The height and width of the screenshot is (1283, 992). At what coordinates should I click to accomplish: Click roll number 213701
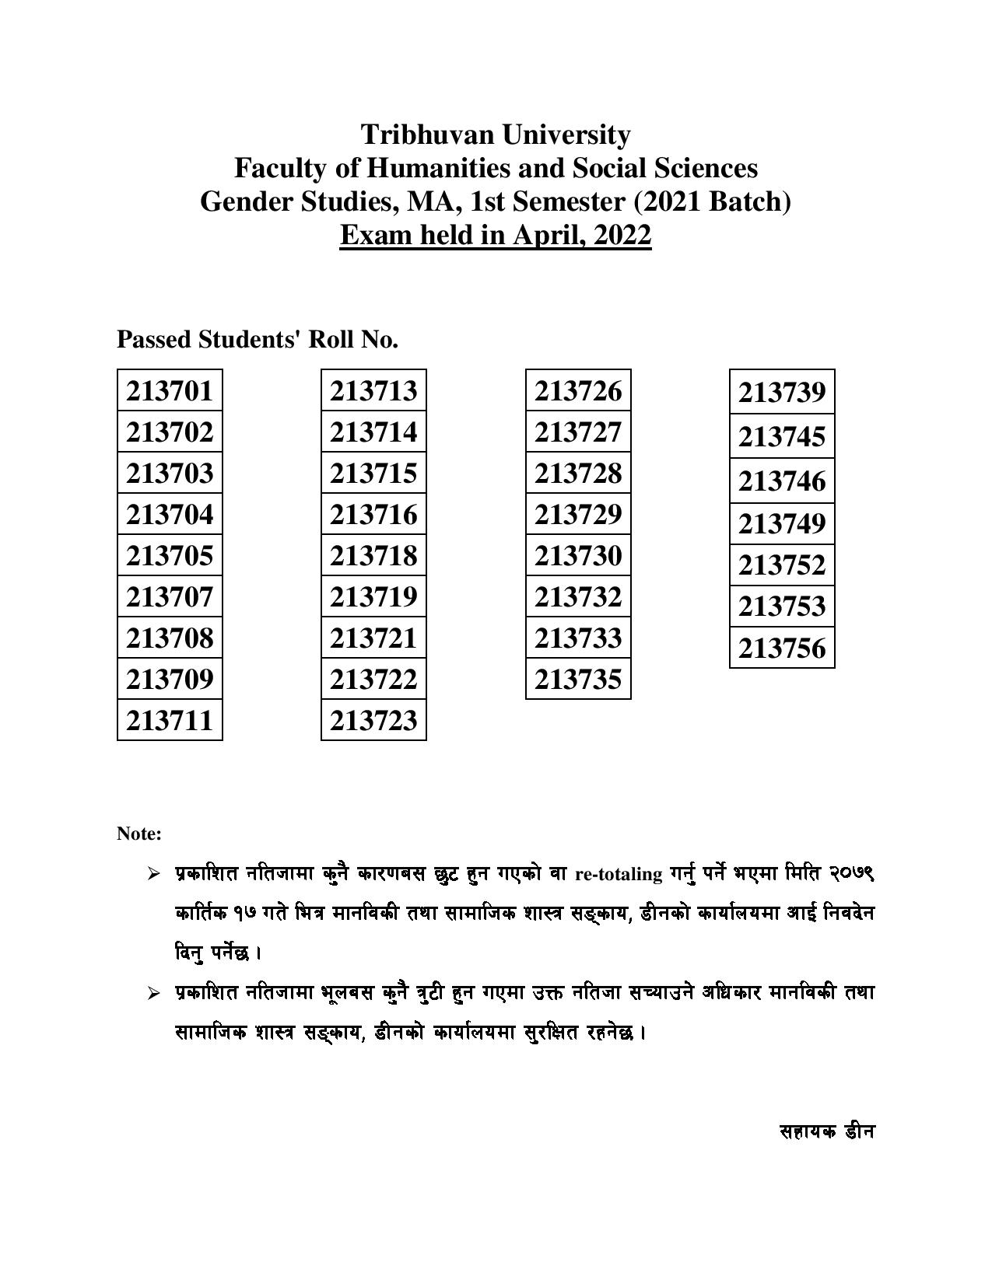pos(170,390)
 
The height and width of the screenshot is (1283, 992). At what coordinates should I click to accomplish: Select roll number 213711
pos(170,720)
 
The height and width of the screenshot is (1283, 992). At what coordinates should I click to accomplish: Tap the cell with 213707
pos(170,596)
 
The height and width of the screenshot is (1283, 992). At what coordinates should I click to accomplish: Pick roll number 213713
pos(373,390)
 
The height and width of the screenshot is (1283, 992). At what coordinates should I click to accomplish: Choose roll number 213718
pos(373,555)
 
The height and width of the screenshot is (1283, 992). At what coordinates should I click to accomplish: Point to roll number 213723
pos(373,720)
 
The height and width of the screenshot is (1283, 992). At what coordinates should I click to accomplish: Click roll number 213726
pos(578,390)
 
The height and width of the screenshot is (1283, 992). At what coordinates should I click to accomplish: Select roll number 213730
pos(578,555)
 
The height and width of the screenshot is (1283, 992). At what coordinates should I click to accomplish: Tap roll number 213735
pos(578,679)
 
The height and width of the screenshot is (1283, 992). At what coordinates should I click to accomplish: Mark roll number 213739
pos(782,392)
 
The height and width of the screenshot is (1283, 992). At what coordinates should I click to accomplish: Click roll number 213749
pos(782,523)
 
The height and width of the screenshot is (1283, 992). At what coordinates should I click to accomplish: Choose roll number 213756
pos(782,647)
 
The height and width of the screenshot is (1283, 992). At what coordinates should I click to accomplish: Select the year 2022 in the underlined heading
pos(622,234)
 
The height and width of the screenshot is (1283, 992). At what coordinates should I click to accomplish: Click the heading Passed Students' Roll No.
pos(257,339)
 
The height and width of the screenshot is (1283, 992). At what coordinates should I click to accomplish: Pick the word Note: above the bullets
pos(139,834)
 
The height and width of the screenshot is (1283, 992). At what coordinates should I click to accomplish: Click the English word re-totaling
pos(619,874)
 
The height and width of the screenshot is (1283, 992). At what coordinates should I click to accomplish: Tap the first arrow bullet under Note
pos(153,874)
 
